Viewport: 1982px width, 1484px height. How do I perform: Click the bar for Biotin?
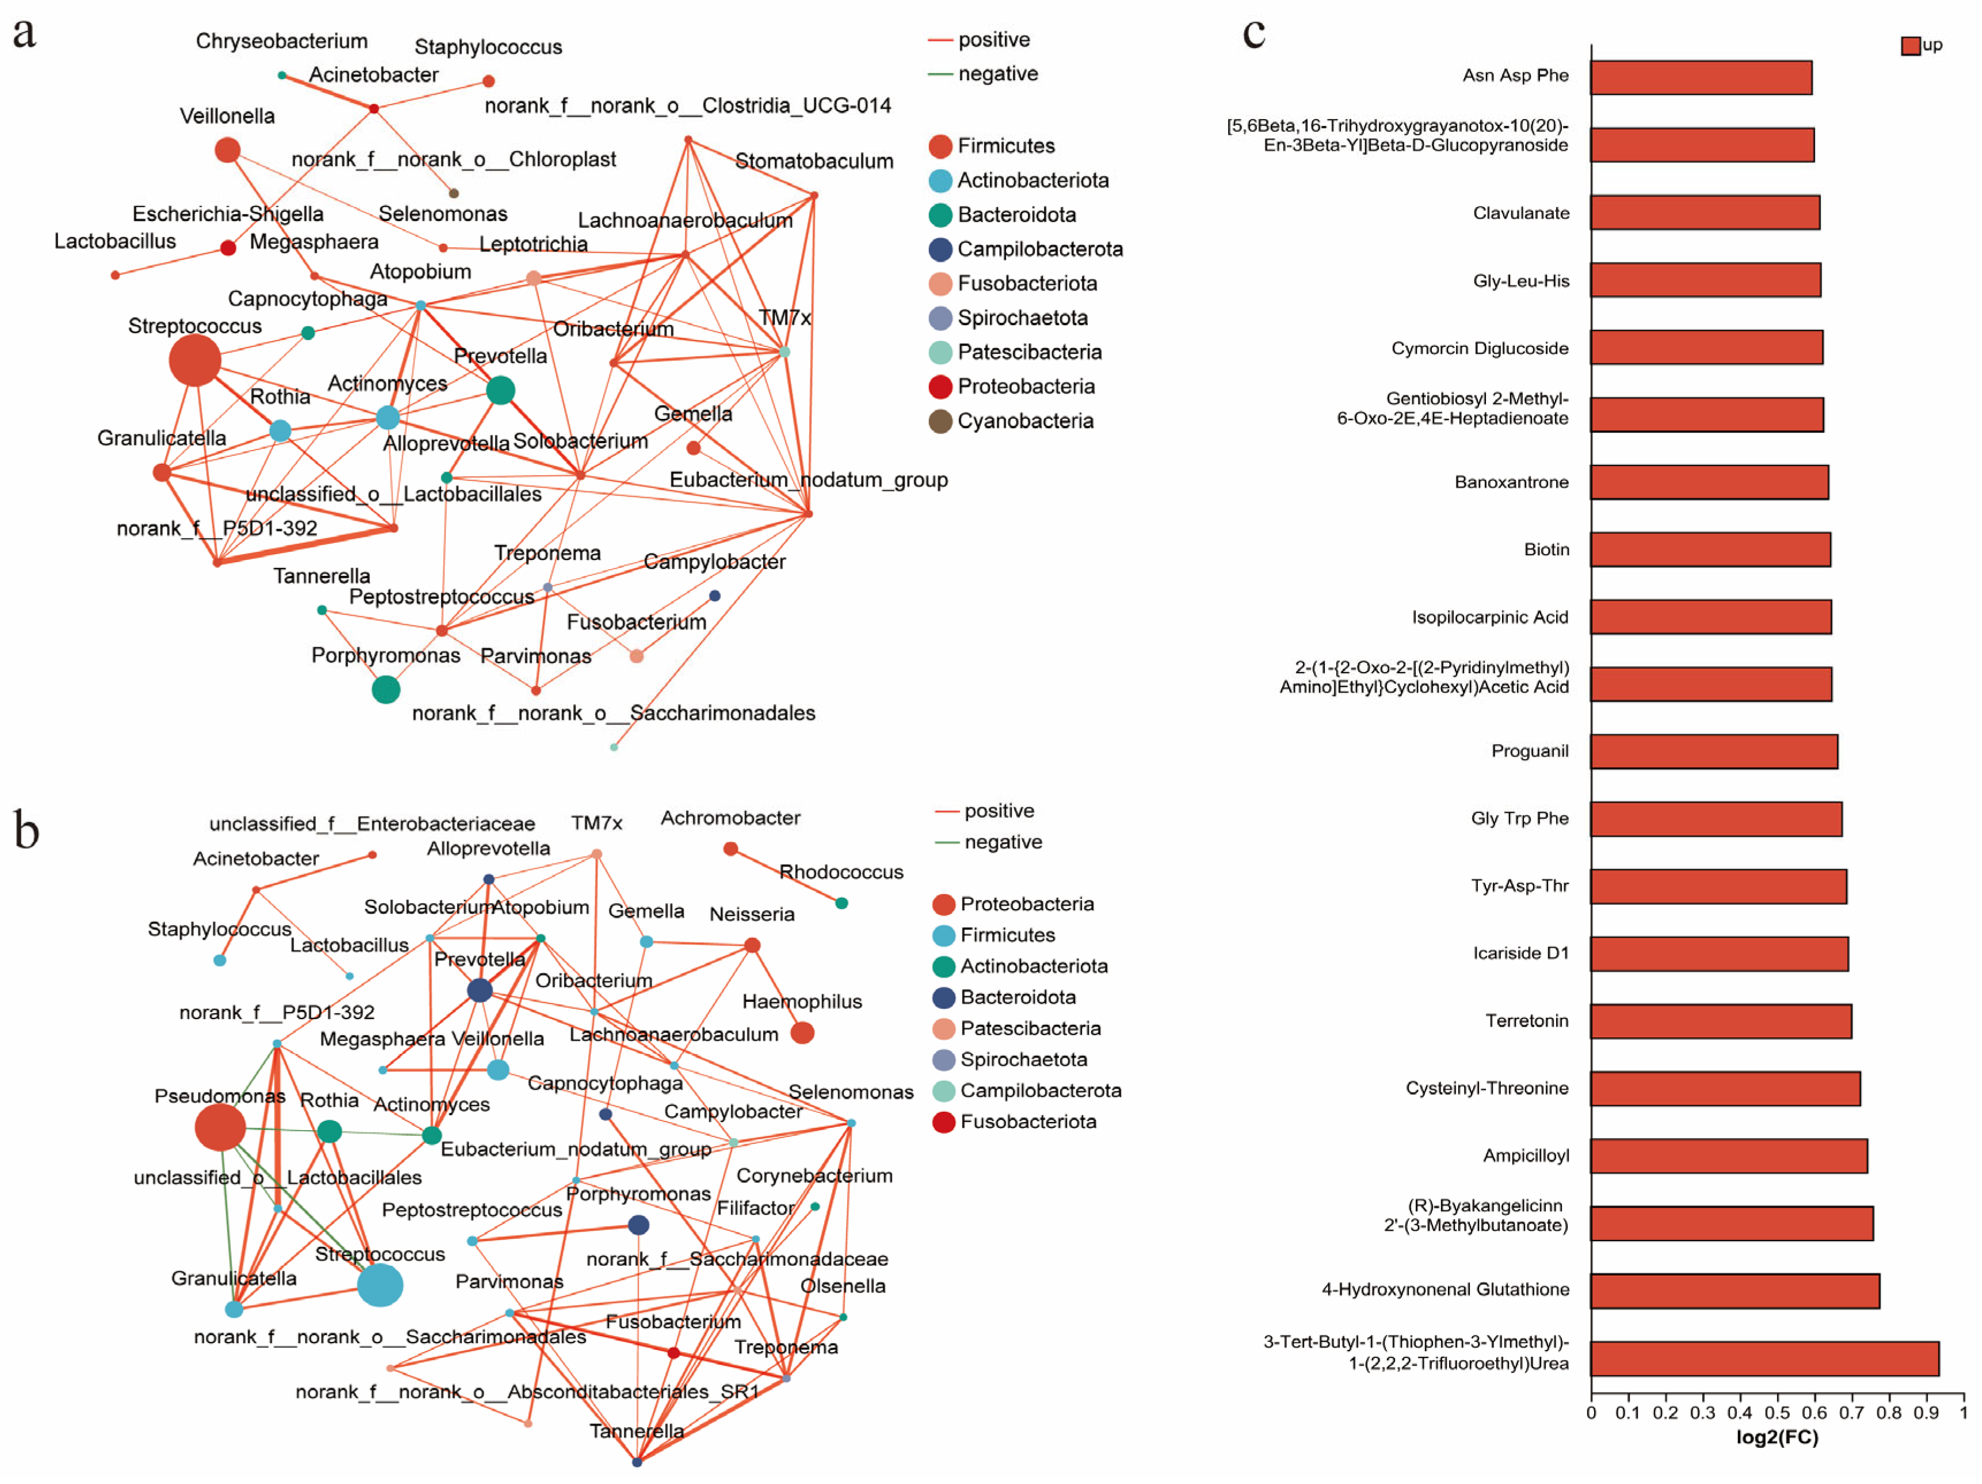[x=1710, y=550]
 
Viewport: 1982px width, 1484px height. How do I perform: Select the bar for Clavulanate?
[x=1704, y=212]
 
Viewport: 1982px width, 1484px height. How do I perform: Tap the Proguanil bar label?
[x=1530, y=751]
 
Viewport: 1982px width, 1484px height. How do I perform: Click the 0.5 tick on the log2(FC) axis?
[x=1777, y=1413]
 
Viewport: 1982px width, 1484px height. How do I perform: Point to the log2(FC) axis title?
[x=1777, y=1437]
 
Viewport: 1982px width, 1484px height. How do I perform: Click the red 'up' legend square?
[x=1909, y=45]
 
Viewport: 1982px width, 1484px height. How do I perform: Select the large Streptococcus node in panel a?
[x=195, y=360]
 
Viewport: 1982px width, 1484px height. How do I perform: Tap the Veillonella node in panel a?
[x=227, y=150]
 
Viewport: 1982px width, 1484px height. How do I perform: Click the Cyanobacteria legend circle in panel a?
[x=940, y=421]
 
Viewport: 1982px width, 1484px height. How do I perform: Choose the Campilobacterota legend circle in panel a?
[x=940, y=249]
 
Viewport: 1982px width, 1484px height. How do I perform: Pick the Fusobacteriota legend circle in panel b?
[x=943, y=1122]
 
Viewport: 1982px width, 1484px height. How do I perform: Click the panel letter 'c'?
[x=1253, y=33]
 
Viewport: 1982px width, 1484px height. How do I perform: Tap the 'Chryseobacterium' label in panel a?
[x=281, y=41]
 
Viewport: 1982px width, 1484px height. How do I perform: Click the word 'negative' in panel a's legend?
[x=997, y=74]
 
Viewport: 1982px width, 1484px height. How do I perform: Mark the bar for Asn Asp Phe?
[x=1700, y=78]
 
